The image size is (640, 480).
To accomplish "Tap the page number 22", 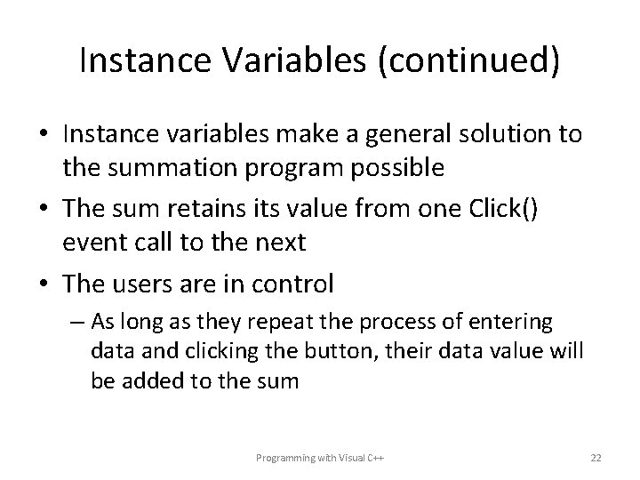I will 596,457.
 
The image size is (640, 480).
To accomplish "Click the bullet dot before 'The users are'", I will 44,284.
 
